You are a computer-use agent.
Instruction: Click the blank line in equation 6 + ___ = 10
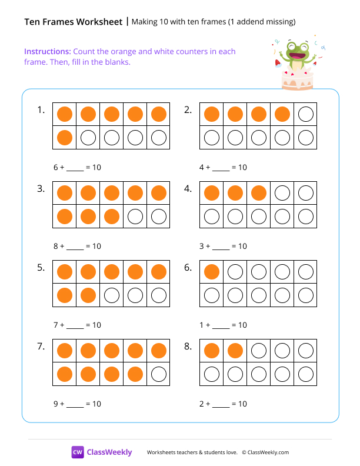pyautogui.click(x=75, y=169)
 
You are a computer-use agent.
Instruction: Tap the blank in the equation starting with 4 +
pyautogui.click(x=221, y=169)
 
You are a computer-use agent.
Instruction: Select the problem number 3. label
pyautogui.click(x=41, y=189)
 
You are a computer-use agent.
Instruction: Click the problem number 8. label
pyautogui.click(x=188, y=347)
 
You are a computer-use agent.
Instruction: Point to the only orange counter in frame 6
pyautogui.click(x=211, y=272)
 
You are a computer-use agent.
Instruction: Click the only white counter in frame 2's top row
pyautogui.click(x=305, y=114)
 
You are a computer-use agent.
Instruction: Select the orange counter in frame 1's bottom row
pyautogui.click(x=65, y=138)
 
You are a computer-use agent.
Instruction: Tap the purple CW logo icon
pyautogui.click(x=78, y=452)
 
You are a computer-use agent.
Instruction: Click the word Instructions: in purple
pyautogui.click(x=48, y=52)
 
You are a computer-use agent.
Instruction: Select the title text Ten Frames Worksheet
pyautogui.click(x=74, y=22)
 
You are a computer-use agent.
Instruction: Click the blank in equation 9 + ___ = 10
pyautogui.click(x=75, y=405)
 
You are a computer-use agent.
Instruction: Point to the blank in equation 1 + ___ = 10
pyautogui.click(x=221, y=327)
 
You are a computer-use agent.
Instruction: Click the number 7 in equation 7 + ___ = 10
pyautogui.click(x=56, y=325)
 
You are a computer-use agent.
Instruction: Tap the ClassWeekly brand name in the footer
pyautogui.click(x=109, y=452)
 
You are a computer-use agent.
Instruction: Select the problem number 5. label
pyautogui.click(x=41, y=268)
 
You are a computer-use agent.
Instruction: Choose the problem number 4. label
pyautogui.click(x=188, y=189)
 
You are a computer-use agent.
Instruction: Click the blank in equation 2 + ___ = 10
pyautogui.click(x=221, y=405)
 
